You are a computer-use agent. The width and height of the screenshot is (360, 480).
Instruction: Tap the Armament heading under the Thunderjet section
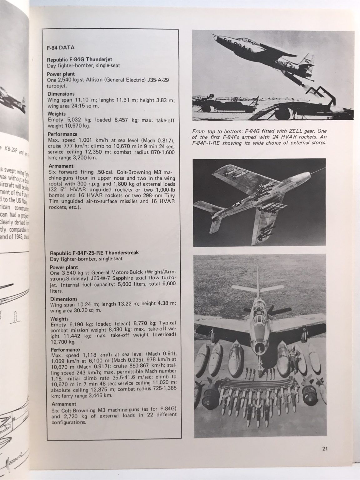(x=60, y=166)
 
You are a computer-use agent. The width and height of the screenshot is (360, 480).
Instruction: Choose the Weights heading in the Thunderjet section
(x=57, y=114)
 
